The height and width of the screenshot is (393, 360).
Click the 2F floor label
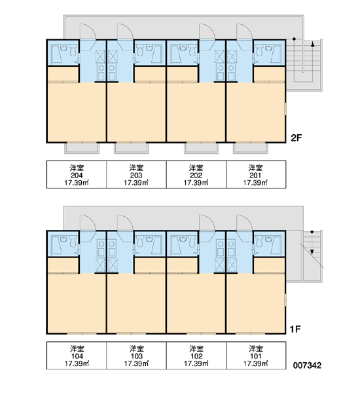(x=297, y=138)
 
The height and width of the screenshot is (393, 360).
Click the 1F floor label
(x=295, y=329)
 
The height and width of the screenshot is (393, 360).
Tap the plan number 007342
(x=307, y=365)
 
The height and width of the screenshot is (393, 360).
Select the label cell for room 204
(x=77, y=174)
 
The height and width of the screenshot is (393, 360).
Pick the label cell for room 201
(x=256, y=174)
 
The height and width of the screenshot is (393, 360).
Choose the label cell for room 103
(x=136, y=356)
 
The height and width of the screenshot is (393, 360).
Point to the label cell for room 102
(x=196, y=356)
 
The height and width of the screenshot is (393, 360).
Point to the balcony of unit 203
(x=132, y=148)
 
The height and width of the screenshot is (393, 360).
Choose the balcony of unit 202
(x=202, y=148)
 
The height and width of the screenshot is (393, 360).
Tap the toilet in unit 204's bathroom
(x=73, y=50)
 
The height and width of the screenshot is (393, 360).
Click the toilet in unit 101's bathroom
(x=259, y=242)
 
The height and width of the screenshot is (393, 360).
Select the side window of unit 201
(x=285, y=109)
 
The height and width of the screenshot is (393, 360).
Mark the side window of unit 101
(x=285, y=300)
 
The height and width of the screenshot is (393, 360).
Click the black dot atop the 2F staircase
(x=294, y=39)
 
